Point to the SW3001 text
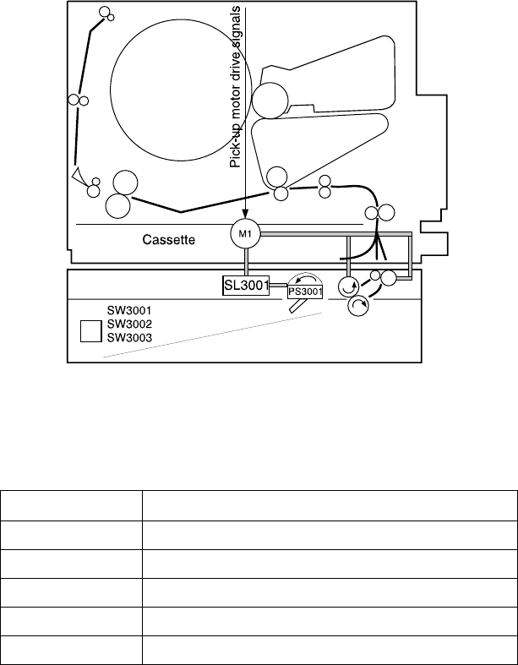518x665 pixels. (128, 310)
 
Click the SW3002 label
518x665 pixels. (128, 324)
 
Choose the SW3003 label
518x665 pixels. (128, 337)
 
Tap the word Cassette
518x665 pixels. (168, 240)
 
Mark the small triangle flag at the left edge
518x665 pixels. (79, 175)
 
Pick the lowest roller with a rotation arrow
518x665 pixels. (358, 308)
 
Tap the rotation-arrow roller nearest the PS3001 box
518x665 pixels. (346, 286)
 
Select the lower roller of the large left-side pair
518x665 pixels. (116, 204)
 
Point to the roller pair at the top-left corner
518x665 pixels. (106, 14)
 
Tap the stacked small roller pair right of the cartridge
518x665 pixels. (324, 187)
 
